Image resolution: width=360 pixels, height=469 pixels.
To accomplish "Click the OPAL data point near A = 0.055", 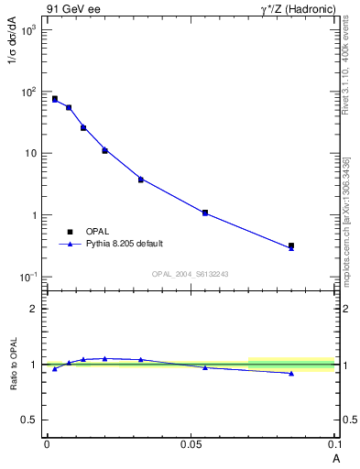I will pyautogui.click(x=205, y=213).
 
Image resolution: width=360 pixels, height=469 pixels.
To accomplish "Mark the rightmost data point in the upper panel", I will pyautogui.click(x=291, y=245).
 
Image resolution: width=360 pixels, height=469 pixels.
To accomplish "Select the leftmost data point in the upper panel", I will pyautogui.click(x=55, y=98).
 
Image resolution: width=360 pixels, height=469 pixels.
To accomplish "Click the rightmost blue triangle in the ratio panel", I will pyautogui.click(x=291, y=373).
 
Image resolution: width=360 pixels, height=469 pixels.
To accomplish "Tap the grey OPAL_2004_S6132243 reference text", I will pyautogui.click(x=190, y=274).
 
